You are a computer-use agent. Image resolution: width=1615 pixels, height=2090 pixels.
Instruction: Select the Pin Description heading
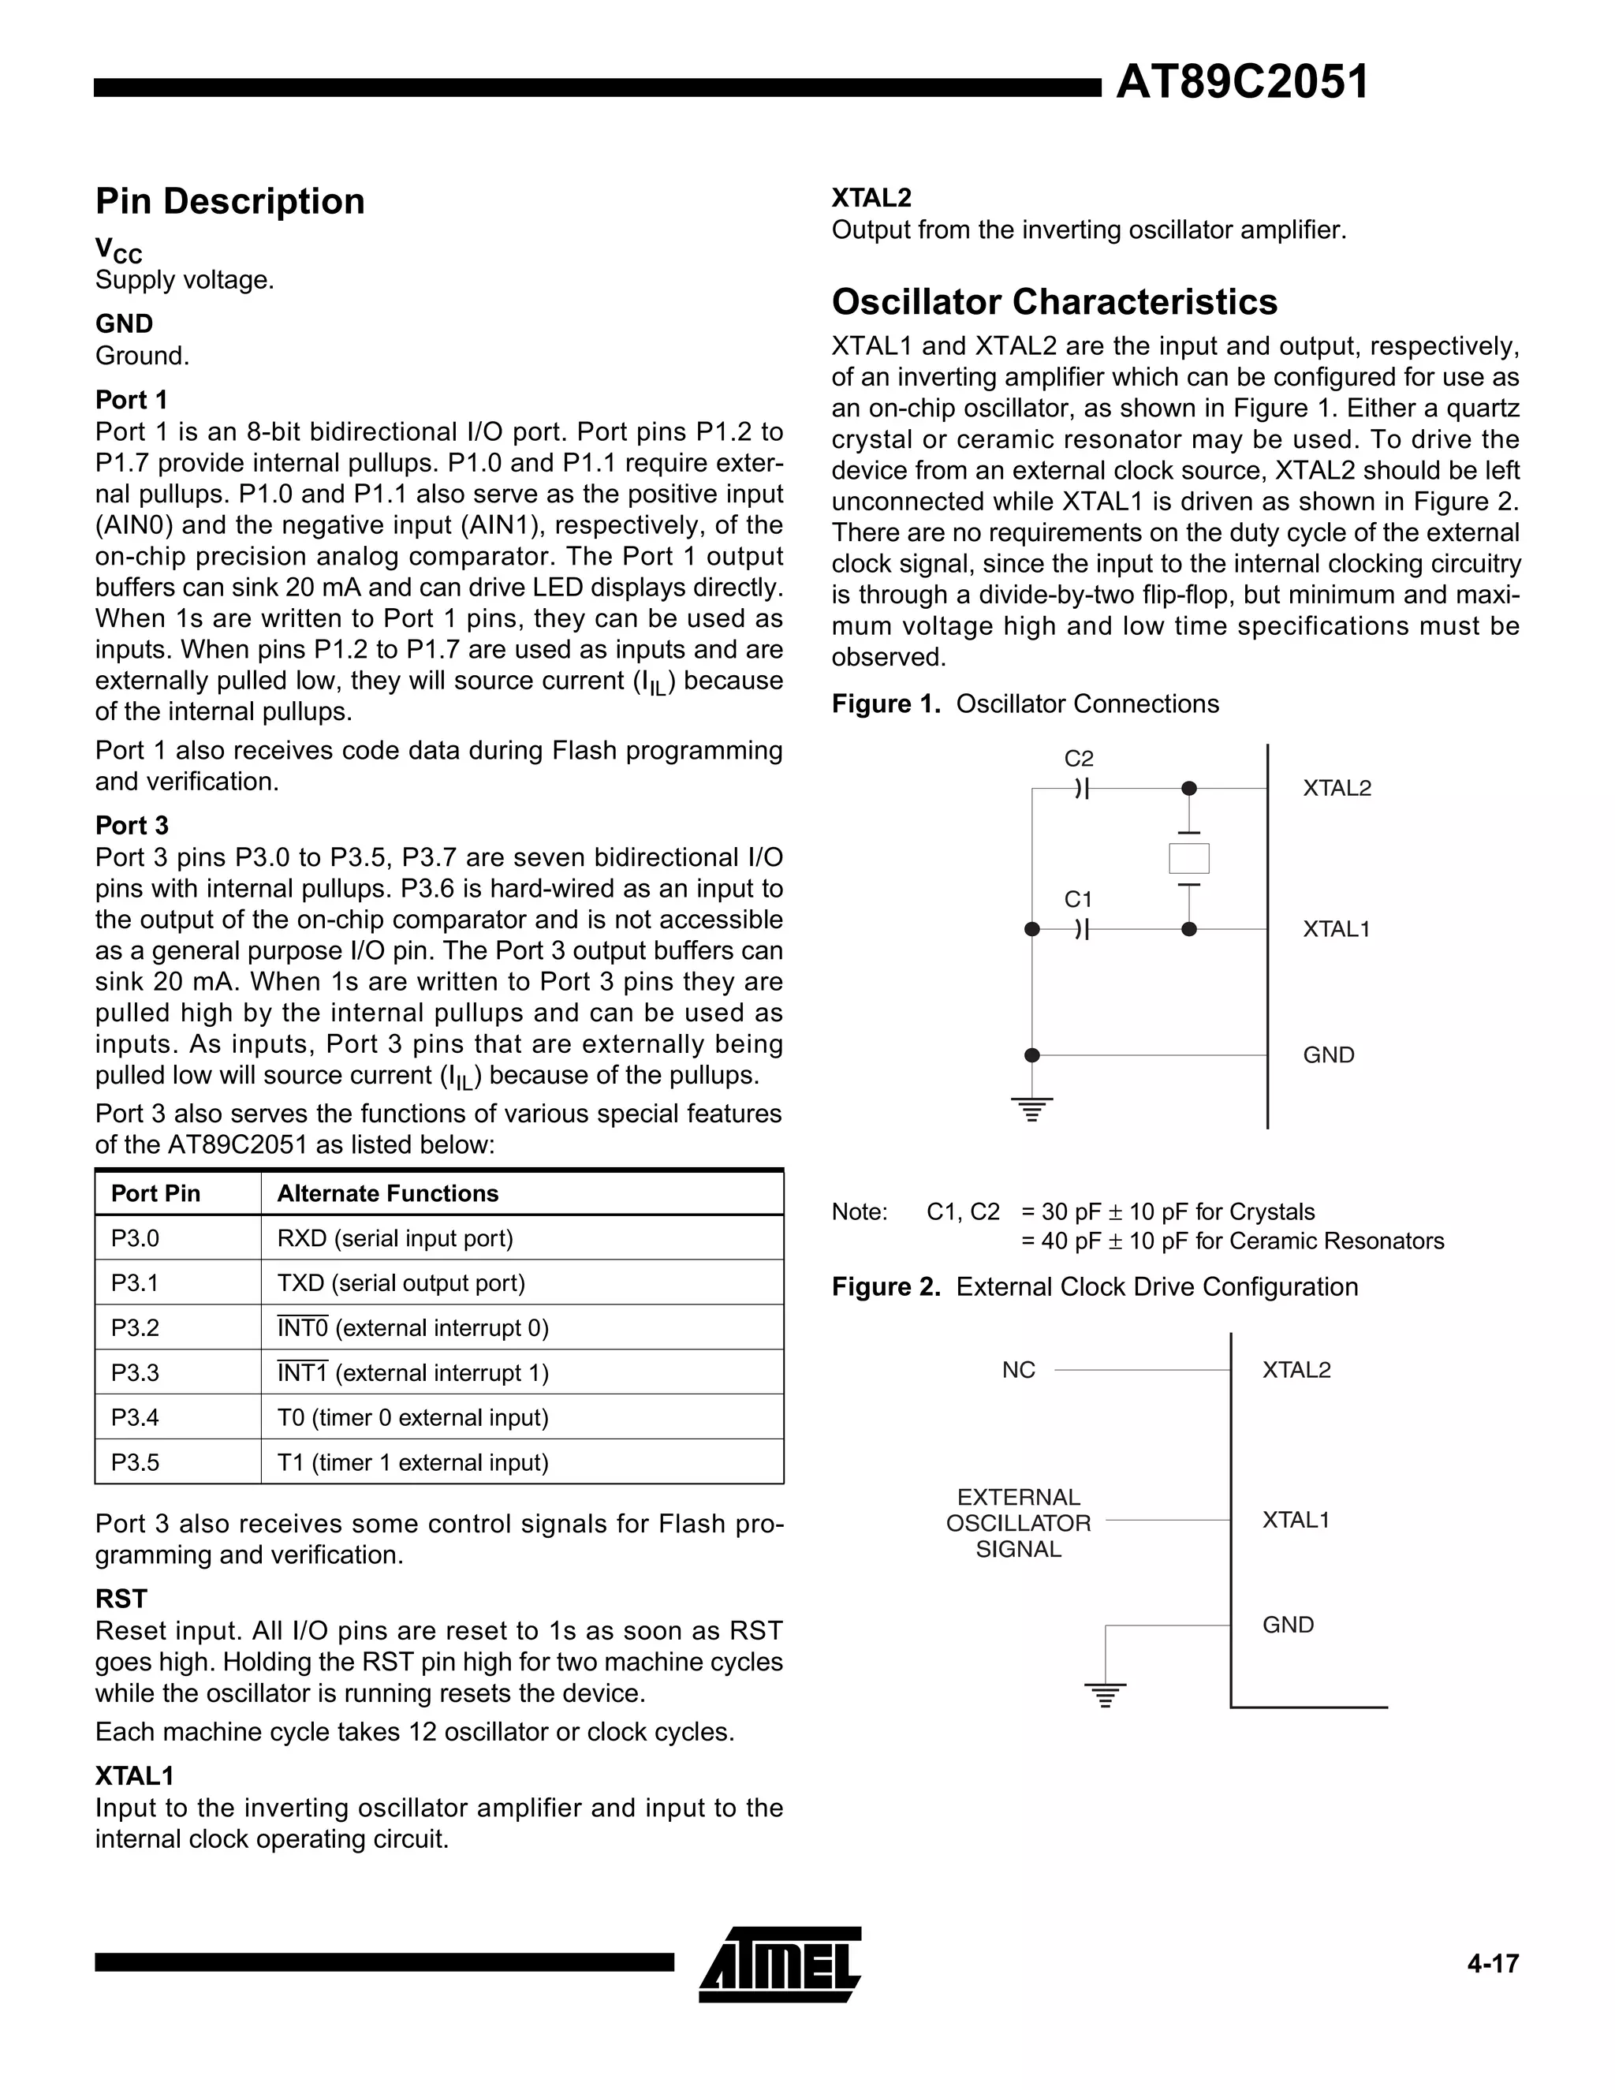point(229,202)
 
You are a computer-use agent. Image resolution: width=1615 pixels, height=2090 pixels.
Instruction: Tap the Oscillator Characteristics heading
point(1054,302)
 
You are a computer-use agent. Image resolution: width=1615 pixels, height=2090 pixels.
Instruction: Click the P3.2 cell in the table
point(135,1328)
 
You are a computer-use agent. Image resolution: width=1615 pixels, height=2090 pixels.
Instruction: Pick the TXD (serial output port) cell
point(401,1283)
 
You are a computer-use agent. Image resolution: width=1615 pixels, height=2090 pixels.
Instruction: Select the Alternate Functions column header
point(387,1193)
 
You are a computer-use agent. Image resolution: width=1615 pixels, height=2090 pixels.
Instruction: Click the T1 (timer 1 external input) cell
point(412,1462)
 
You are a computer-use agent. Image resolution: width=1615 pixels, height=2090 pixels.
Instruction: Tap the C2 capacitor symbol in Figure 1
point(1082,789)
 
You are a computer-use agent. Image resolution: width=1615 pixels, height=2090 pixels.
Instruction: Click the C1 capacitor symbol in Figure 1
point(1082,929)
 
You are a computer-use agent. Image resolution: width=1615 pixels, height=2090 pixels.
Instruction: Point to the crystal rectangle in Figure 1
point(1188,858)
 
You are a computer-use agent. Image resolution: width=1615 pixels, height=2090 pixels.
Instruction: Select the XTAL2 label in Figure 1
point(1337,789)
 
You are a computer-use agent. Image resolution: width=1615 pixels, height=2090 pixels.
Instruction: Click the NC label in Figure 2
point(1018,1371)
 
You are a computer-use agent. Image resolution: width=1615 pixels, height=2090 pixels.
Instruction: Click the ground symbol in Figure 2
point(1105,1695)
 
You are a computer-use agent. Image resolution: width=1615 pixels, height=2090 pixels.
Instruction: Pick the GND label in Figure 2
point(1288,1625)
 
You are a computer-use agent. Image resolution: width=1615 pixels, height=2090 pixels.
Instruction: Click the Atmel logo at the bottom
point(781,1964)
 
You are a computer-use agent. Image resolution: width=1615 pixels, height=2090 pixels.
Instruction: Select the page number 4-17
point(1493,1964)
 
